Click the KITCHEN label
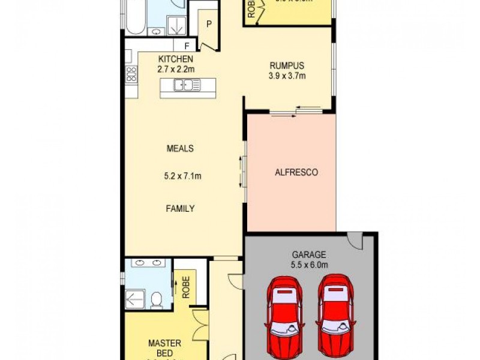pos(175,59)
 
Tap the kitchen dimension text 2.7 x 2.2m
pos(175,69)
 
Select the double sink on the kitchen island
pos(187,86)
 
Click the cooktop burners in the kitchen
pos(131,74)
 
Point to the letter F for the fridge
pos(187,46)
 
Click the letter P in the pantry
pos(209,25)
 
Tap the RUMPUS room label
pos(287,66)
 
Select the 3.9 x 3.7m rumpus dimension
pos(287,76)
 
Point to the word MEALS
pos(180,148)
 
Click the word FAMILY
pos(180,209)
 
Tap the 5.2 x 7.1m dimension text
pos(182,176)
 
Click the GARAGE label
pos(309,253)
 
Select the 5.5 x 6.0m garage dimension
pos(309,264)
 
